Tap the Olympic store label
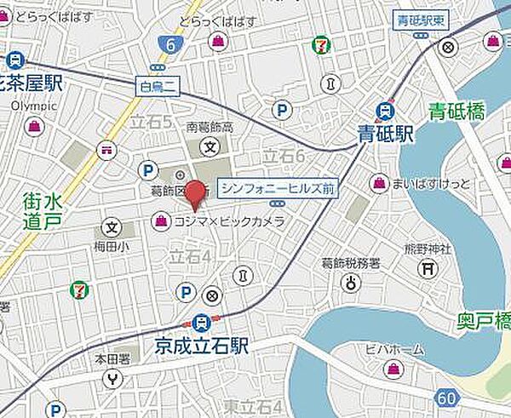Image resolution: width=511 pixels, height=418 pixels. (x=34, y=106)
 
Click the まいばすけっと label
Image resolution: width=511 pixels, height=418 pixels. (x=428, y=183)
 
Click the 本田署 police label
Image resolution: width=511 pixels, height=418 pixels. (x=111, y=358)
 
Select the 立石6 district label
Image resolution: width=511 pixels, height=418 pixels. (x=283, y=156)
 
